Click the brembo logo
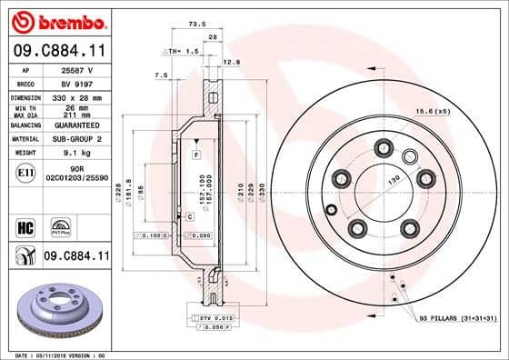tap(57, 20)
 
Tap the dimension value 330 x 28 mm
tap(73, 95)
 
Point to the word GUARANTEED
tap(73, 125)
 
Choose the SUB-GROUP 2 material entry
tap(73, 138)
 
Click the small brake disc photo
tap(57, 308)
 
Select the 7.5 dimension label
tap(162, 75)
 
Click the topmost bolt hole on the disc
tap(384, 147)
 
